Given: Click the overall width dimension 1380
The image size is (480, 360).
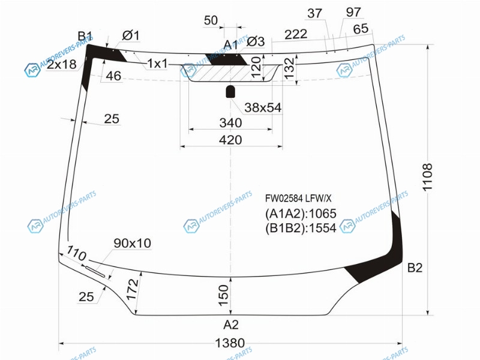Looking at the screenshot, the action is coord(230,343).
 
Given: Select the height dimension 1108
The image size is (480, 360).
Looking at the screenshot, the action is coord(427,178).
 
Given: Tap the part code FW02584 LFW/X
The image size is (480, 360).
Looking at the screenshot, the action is coord(298,199).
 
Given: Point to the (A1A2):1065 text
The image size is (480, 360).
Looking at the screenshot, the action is coord(301,214).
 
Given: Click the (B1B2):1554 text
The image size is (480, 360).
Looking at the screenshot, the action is coord(301,228).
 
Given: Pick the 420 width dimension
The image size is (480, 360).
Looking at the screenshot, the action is coord(230,140).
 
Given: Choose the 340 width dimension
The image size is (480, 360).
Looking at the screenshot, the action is coord(230,123).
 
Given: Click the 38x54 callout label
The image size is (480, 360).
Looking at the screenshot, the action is coord(263,107).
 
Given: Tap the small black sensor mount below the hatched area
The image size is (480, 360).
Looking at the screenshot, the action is coord(230,92).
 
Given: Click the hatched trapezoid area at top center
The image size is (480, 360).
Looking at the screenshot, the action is coord(230,73).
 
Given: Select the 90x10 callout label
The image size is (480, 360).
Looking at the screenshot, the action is coord(132,244).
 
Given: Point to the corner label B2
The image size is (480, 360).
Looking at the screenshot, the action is coord(415,268).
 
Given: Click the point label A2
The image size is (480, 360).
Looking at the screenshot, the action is coord(231,325).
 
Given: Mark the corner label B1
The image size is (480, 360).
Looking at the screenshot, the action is coord(85,36).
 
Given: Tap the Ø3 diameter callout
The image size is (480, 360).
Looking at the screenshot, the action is coord(256,41).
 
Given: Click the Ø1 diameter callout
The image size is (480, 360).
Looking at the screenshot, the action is coord(131,35).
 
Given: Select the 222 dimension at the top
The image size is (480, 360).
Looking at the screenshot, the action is coord(296,34).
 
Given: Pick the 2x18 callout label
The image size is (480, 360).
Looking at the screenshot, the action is coord(62,64).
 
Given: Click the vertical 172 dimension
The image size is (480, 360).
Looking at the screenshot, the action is coord(132,289).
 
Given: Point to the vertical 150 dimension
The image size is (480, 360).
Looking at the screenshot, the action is coord(223,295).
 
